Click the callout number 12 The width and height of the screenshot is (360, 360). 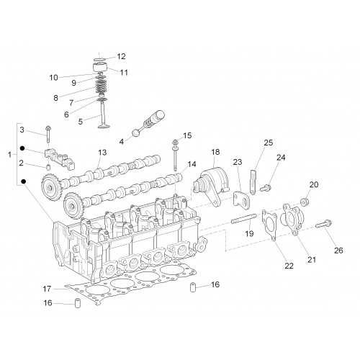point(122,56)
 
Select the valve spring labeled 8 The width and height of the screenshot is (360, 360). point(102,86)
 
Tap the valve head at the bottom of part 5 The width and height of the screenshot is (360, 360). point(104,125)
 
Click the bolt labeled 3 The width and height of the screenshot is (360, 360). point(48,134)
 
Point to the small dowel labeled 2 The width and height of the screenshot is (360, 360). point(48,167)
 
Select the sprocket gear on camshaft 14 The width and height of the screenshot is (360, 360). point(73,206)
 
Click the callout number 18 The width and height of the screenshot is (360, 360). point(215,152)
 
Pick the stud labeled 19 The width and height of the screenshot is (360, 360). point(243,219)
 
